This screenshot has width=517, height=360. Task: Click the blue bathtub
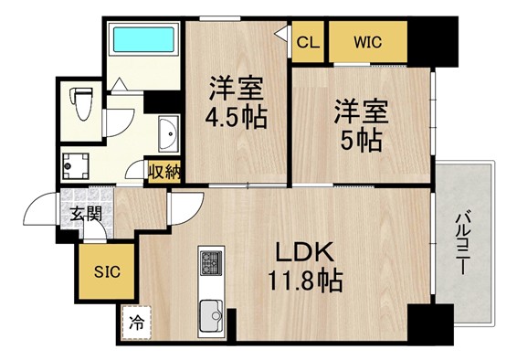(x=143, y=39)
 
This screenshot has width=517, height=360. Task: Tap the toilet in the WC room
(x=81, y=103)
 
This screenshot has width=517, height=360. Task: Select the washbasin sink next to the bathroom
(x=169, y=133)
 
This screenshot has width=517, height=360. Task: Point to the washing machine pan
(x=76, y=166)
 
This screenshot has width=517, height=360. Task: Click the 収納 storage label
(x=164, y=172)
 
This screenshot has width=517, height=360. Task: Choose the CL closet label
(x=308, y=42)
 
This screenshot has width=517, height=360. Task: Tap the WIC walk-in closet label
(x=367, y=42)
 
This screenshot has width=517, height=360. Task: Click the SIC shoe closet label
(x=107, y=272)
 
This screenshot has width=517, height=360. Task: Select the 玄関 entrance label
(x=85, y=215)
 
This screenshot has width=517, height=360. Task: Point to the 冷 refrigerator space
(x=136, y=323)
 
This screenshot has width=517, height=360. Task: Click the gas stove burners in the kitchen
(x=211, y=262)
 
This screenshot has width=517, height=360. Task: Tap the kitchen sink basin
(x=211, y=315)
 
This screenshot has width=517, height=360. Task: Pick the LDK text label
(x=303, y=251)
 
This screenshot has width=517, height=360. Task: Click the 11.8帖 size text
(x=305, y=281)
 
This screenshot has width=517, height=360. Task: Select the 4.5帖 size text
(x=236, y=118)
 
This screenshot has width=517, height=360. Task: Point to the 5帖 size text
(x=361, y=141)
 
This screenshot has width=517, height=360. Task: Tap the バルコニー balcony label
(x=462, y=243)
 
